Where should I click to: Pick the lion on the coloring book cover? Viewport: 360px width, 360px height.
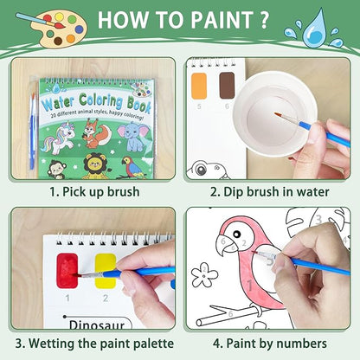coord(95,167)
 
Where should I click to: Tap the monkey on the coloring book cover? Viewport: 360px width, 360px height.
coord(57,167)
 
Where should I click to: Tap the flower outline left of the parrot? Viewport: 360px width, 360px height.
coord(205,276)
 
